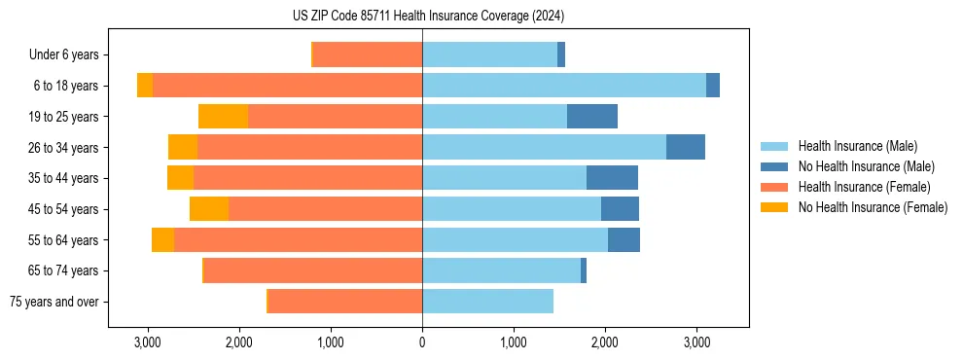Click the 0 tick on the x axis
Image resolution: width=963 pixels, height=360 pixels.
pos(422,342)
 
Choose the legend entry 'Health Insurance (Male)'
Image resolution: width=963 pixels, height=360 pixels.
pos(857,146)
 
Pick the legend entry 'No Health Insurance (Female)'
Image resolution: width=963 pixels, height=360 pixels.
pos(873,207)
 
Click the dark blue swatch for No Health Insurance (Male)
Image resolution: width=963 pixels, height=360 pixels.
pos(773,166)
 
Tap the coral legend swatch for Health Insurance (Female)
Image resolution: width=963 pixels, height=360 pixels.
pos(773,187)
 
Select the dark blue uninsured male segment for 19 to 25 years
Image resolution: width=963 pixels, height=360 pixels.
pos(592,117)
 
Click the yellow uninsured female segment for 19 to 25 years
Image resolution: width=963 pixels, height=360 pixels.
pos(223,117)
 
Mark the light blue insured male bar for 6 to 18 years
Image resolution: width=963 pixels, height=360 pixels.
pos(564,86)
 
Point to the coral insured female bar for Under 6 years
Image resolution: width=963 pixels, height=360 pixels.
pos(368,55)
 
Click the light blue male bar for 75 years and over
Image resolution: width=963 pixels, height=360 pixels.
pos(487,302)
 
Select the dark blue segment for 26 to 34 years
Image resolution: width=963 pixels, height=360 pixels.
pos(686,148)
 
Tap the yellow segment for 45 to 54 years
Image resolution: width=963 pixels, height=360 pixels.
pos(209,209)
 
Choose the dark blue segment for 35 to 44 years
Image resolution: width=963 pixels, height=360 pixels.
pos(612,178)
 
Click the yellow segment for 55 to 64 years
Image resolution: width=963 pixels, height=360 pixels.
pos(162,240)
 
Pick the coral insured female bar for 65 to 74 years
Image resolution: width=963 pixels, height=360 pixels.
pos(313,270)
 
